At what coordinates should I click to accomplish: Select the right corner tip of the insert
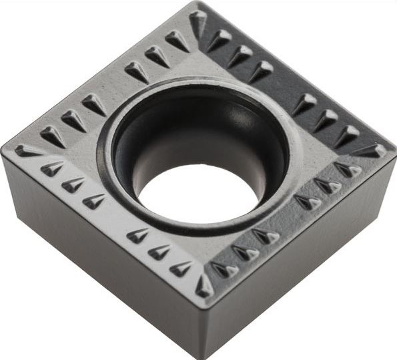tap(393, 148)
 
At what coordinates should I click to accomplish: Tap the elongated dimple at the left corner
tap(29, 151)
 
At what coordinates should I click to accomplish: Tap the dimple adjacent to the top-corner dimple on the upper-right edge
tap(220, 39)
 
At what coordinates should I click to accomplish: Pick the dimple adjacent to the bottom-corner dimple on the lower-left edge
tap(181, 268)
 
